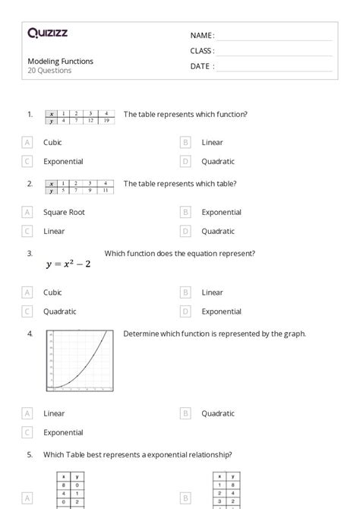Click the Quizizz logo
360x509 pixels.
pos(48,33)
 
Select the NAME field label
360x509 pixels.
pos(201,36)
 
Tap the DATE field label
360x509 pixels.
pos(201,66)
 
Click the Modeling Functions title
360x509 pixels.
pos(61,62)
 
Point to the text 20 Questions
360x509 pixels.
pos(49,71)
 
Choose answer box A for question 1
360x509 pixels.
pos(27,142)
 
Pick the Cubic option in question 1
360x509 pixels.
pos(52,142)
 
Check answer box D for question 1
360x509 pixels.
pos(185,161)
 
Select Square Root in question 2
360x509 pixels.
pos(64,212)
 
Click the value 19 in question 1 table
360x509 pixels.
pos(107,121)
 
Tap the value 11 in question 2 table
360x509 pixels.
pos(107,190)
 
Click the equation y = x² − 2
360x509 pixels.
pos(68,264)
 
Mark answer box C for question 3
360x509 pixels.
pos(27,311)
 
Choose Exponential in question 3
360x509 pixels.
pos(221,311)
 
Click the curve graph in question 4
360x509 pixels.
pos(80,361)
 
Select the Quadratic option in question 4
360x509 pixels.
pos(219,413)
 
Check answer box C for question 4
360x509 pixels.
pos(27,432)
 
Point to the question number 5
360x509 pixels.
pos(30,455)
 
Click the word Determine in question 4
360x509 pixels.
pos(141,334)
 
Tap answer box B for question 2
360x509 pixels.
pos(185,212)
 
